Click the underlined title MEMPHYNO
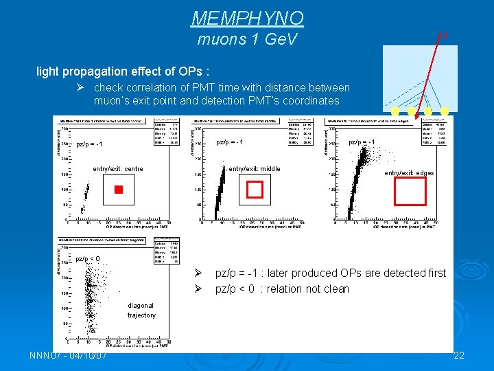(x=247, y=17)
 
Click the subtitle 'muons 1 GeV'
(x=247, y=39)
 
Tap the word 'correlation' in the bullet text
(x=152, y=88)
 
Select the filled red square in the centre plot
(x=118, y=189)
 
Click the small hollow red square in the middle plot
(x=255, y=189)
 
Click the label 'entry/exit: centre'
(x=118, y=169)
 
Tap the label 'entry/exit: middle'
(x=255, y=169)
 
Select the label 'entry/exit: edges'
(x=409, y=173)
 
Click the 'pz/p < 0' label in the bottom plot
(x=88, y=259)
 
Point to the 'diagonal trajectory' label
(x=141, y=311)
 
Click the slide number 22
(x=460, y=355)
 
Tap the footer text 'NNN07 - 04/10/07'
(x=68, y=355)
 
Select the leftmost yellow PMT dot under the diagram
(x=395, y=111)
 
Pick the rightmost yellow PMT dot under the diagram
(x=445, y=111)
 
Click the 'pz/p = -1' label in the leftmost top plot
(x=89, y=145)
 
